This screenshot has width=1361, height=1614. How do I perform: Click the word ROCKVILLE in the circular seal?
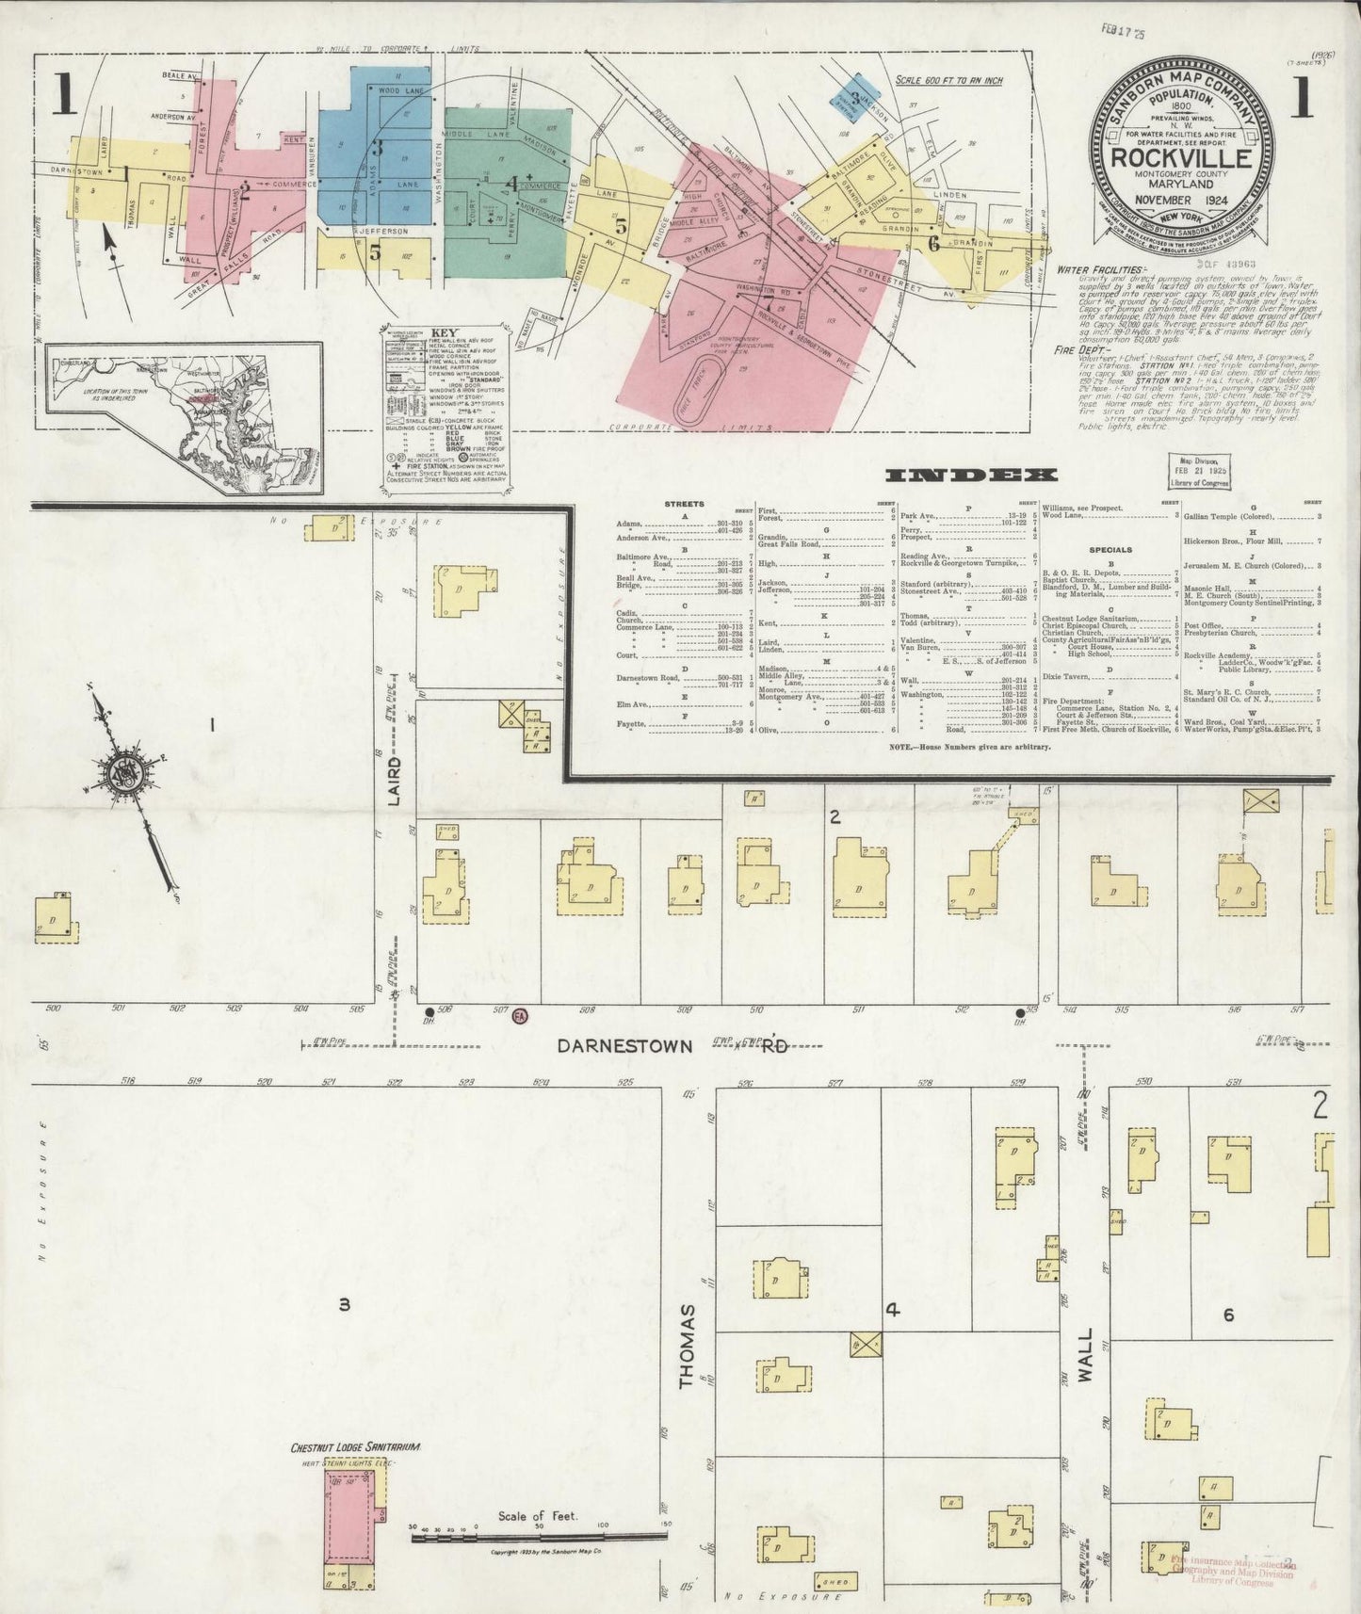coord(1182,158)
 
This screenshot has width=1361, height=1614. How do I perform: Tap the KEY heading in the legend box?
coord(442,332)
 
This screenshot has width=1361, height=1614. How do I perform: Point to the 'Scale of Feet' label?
coord(539,1517)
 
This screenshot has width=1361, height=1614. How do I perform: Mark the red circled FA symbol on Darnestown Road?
coord(519,1016)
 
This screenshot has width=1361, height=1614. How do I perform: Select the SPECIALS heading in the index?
coord(1110,549)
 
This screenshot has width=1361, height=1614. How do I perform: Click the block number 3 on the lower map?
coord(345,1305)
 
